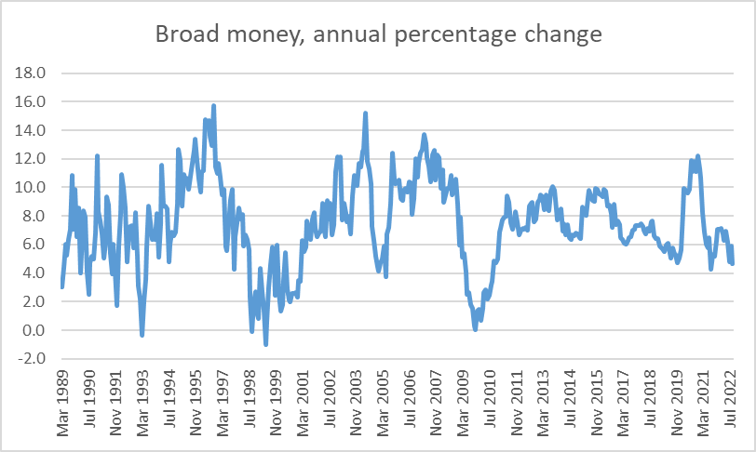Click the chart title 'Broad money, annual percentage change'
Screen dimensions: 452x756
click(378, 35)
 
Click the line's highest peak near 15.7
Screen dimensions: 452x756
click(213, 106)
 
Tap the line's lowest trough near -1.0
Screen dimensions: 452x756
click(265, 344)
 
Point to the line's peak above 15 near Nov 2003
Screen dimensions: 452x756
click(365, 113)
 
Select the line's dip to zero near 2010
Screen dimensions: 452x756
click(476, 329)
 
